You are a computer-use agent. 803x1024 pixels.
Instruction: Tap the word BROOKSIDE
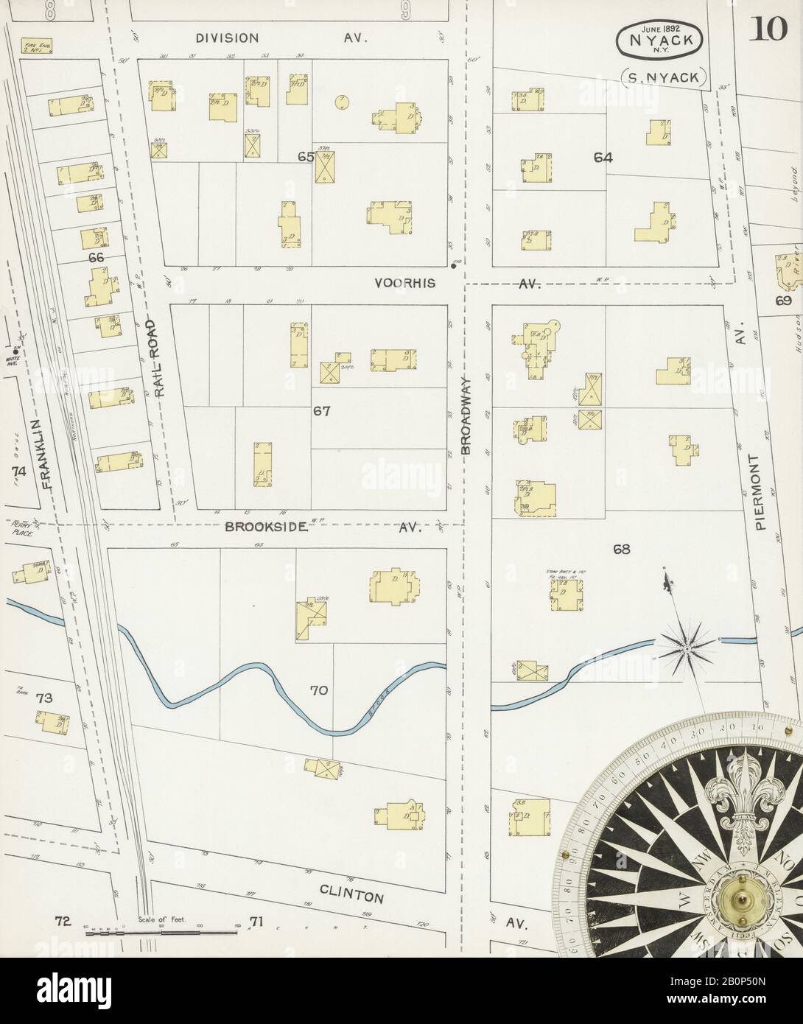[x=262, y=527]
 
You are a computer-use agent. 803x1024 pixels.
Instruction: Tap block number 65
[x=306, y=157]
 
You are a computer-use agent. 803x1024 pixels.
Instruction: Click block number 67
[x=321, y=411]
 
